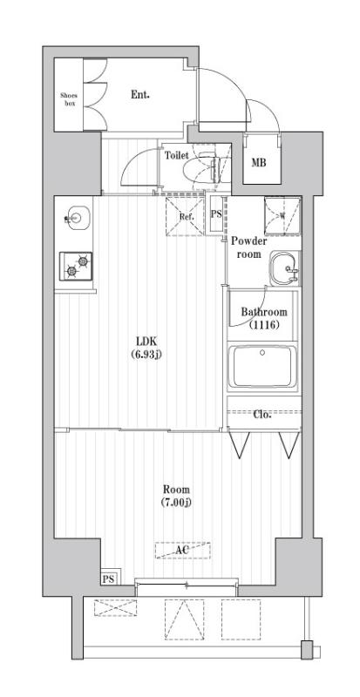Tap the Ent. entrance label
click(x=140, y=94)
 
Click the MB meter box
click(x=260, y=162)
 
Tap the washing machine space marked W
click(x=280, y=216)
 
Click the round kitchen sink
click(x=76, y=217)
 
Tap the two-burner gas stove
click(x=76, y=265)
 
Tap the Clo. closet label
click(x=262, y=414)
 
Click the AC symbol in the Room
click(x=182, y=551)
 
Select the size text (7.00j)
click(x=176, y=503)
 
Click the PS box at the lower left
click(x=108, y=579)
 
